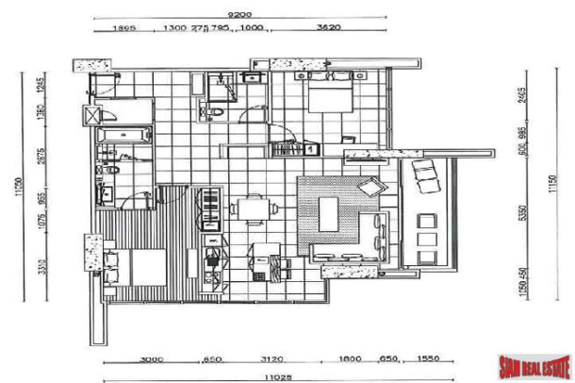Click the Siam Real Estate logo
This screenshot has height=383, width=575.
[x=532, y=362]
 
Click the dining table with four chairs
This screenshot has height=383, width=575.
[x=252, y=209]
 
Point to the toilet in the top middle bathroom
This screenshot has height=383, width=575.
[x=217, y=111]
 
